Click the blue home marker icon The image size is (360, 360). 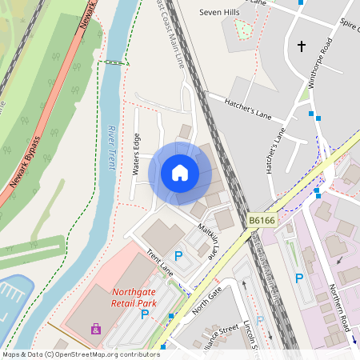click(x=180, y=173)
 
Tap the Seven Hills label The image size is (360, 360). click(x=219, y=13)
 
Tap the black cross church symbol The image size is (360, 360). click(x=302, y=46)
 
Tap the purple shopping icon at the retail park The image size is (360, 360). click(x=96, y=329)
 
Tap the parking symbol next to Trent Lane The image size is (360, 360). click(x=178, y=255)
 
